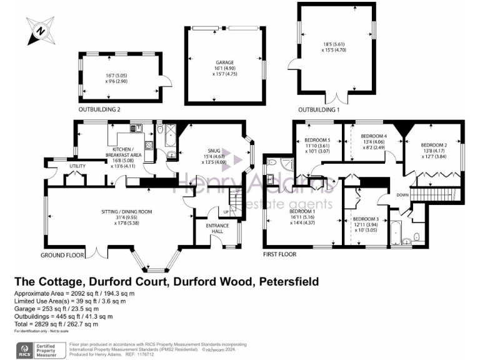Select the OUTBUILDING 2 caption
click(x=99, y=109)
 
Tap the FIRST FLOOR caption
click(x=279, y=255)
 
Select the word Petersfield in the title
click(x=284, y=281)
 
